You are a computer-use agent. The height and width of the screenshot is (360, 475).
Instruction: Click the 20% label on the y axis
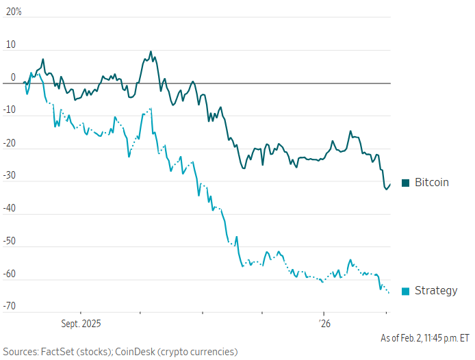13,12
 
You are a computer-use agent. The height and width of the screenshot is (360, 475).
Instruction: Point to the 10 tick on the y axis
10,44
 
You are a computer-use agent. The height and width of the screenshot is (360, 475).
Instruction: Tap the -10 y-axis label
9,110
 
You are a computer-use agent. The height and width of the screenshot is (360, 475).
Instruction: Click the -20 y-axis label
9,143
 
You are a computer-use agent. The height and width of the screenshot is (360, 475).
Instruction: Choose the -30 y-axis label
9,176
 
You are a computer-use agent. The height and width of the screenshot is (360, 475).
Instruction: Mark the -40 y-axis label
9,209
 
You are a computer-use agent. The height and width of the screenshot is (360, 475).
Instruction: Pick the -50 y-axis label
9,242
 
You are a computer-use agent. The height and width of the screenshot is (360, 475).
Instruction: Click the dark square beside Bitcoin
405,183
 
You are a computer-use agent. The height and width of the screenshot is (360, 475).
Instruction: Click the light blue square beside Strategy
405,291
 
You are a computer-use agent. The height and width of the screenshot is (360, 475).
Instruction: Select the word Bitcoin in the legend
432,183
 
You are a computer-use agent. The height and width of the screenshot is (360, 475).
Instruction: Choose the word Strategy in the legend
436,291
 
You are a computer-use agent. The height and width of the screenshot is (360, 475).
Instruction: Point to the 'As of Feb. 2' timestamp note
425,338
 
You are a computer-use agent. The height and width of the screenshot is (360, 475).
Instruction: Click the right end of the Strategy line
389,293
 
